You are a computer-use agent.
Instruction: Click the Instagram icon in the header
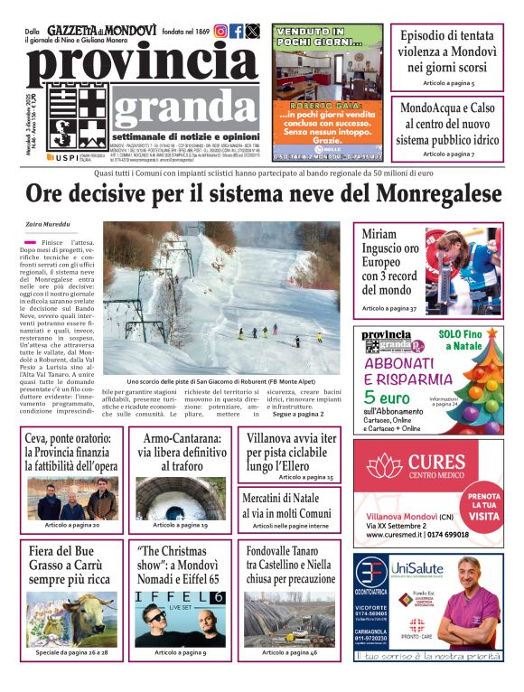(220, 31)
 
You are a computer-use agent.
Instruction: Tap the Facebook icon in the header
(237, 31)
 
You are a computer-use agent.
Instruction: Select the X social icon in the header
(253, 31)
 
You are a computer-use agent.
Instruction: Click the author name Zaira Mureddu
(48, 224)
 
